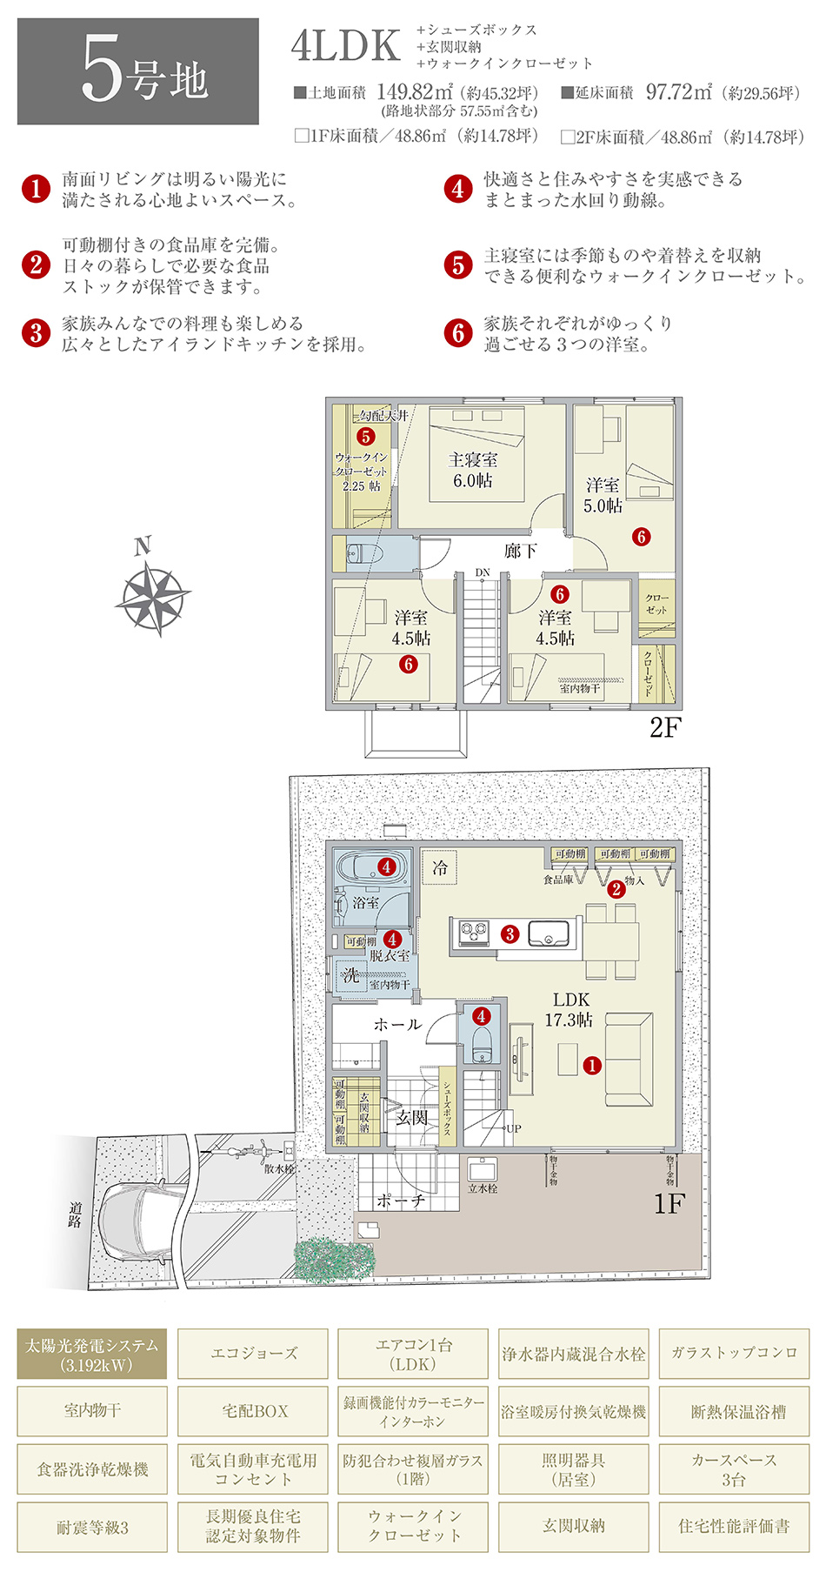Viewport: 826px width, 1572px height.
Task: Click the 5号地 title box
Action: coord(137,71)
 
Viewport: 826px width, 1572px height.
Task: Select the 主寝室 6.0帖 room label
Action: coord(473,470)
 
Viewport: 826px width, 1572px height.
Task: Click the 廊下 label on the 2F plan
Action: coord(520,551)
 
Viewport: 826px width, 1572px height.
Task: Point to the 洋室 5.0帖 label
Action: coord(603,495)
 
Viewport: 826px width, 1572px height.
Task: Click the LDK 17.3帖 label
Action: coord(570,1009)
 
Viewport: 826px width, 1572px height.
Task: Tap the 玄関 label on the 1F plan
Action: coord(411,1118)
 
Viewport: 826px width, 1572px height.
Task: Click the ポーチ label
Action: coord(401,1201)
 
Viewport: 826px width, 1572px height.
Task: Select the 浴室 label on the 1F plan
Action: coord(365,903)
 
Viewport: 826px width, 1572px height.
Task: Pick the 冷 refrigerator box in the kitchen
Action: coord(439,867)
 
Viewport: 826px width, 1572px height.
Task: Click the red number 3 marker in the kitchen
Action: coord(510,934)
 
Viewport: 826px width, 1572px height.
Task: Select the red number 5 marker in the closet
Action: coord(366,437)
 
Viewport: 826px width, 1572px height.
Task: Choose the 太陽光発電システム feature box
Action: coord(92,1354)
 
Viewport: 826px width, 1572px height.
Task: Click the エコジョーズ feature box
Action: coord(253,1354)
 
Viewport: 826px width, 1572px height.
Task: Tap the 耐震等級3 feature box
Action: coord(92,1528)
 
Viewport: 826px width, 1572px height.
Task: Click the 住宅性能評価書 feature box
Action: coord(734,1528)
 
